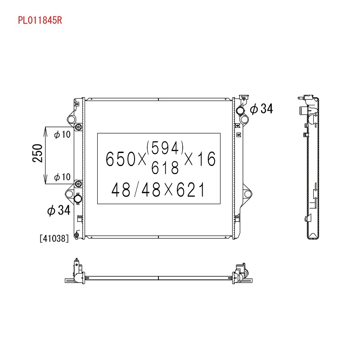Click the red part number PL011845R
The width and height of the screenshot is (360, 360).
point(40,20)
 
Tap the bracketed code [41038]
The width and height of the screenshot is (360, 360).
point(54,238)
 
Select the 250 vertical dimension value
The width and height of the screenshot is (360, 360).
point(37,153)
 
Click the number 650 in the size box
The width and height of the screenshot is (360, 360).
point(121,159)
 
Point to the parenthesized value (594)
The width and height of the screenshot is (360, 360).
point(165,148)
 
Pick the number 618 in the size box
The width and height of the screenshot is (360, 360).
point(165,167)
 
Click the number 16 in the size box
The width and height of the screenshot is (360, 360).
point(207,159)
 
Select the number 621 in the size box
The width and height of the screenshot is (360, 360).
point(190,189)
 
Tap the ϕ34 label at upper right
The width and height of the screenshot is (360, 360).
point(261,108)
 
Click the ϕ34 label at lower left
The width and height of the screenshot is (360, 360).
point(59,210)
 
